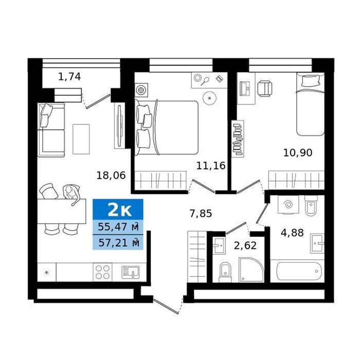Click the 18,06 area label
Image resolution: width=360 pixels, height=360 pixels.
pyautogui.click(x=111, y=176)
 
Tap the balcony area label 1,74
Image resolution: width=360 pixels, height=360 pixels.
pyautogui.click(x=69, y=77)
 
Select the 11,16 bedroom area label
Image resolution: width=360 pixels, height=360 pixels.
pyautogui.click(x=211, y=166)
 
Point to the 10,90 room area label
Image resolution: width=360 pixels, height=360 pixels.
pyautogui.click(x=298, y=152)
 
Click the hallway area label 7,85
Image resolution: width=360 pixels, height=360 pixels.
pyautogui.click(x=201, y=213)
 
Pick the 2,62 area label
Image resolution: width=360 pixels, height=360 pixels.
pyautogui.click(x=245, y=245)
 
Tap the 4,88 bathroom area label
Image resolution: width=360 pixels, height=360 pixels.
pyautogui.click(x=292, y=232)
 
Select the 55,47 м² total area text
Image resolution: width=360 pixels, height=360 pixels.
pyautogui.click(x=118, y=227)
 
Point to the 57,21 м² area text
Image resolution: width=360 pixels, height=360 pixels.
pyautogui.click(x=119, y=243)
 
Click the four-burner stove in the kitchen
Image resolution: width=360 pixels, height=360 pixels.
pyautogui.click(x=103, y=272)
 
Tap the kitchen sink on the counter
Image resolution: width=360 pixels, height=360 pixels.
pyautogui.click(x=130, y=272)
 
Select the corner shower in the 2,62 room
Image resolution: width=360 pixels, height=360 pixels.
pyautogui.click(x=251, y=270)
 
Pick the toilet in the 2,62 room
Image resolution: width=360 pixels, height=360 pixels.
pyautogui.click(x=225, y=272)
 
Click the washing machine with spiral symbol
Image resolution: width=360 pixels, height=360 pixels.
pyautogui.click(x=288, y=205)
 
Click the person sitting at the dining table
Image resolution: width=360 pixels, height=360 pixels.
pyautogui.click(x=71, y=194)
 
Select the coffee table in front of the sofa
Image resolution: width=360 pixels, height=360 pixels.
pyautogui.click(x=81, y=139)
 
